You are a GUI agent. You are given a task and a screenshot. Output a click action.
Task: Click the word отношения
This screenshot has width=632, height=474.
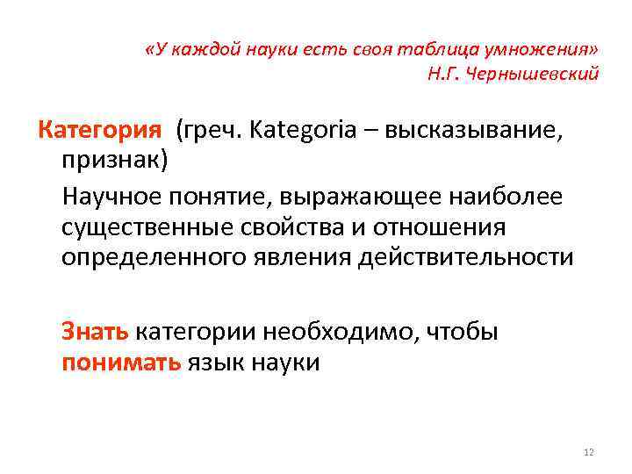point(442,228)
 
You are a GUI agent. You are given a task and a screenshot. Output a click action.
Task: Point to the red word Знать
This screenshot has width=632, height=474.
point(96,333)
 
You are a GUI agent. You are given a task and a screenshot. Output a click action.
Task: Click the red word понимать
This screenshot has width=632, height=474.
point(120,363)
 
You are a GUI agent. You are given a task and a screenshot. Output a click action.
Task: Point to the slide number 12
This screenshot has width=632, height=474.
point(588,451)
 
